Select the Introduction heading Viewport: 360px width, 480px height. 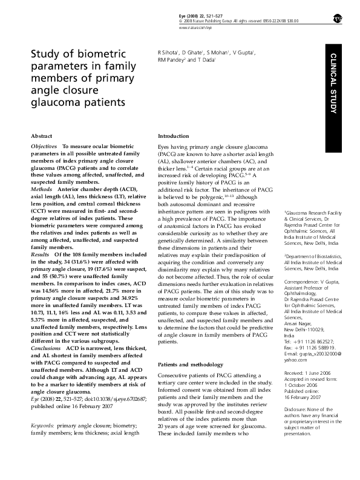pyautogui.click(x=174, y=137)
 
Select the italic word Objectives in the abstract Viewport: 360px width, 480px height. pyautogui.click(x=44, y=147)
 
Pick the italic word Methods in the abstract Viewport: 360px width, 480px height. pyautogui.click(x=41, y=189)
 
